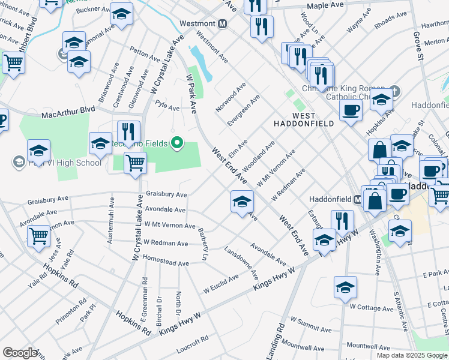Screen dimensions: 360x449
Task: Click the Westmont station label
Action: [197, 23]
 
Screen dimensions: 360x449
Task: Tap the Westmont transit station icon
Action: [222, 23]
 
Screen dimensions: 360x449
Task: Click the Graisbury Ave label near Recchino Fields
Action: [166, 194]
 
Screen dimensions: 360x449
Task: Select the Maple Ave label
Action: [325, 6]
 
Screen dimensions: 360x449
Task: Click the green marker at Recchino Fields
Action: [176, 143]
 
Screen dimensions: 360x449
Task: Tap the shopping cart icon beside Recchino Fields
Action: [136, 163]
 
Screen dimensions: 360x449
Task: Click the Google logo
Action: [20, 353]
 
